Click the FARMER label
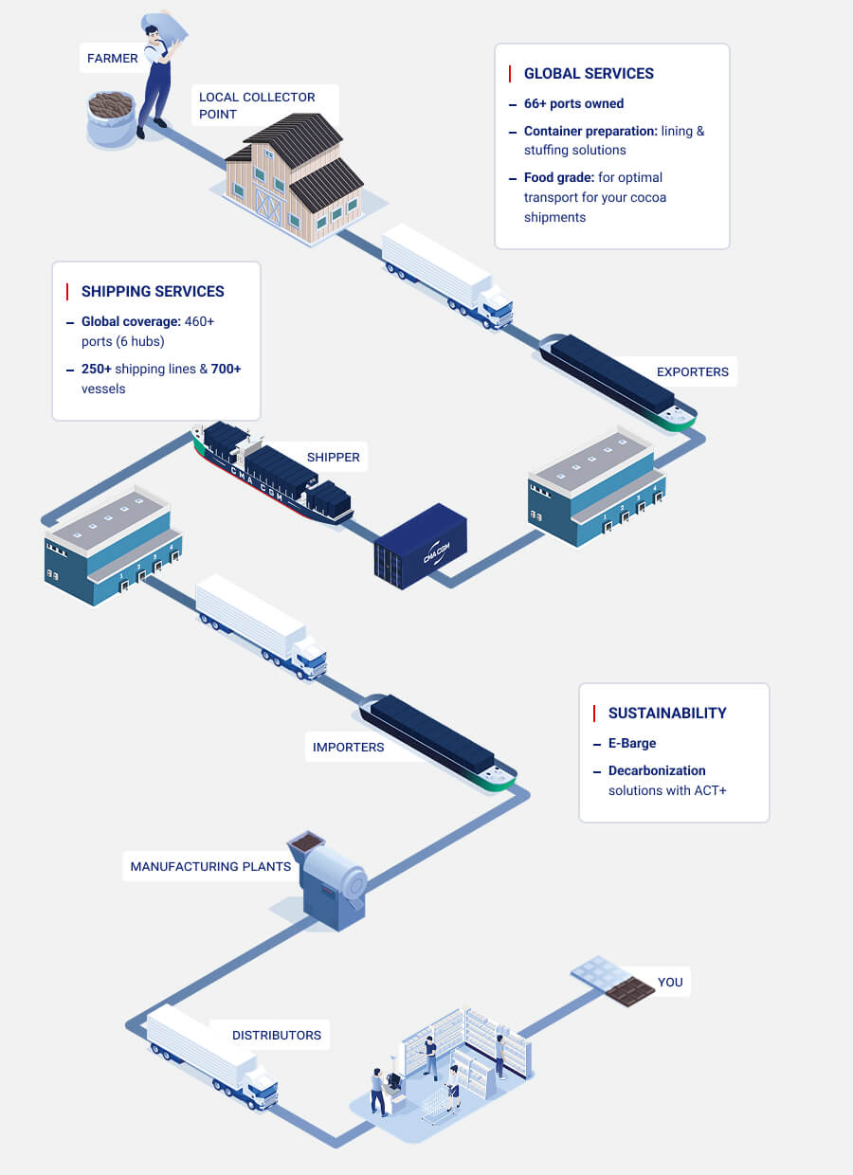[113, 59]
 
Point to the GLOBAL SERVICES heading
[589, 74]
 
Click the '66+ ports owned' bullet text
[573, 103]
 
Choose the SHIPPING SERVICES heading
[153, 292]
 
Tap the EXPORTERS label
[693, 371]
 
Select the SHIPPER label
[333, 457]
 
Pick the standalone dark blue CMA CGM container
[421, 546]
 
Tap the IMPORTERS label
[348, 747]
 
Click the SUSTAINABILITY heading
[667, 714]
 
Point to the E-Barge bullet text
[632, 744]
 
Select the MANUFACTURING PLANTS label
[210, 866]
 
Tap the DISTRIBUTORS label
[276, 1035]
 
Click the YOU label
[670, 982]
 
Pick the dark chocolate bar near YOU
[630, 992]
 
